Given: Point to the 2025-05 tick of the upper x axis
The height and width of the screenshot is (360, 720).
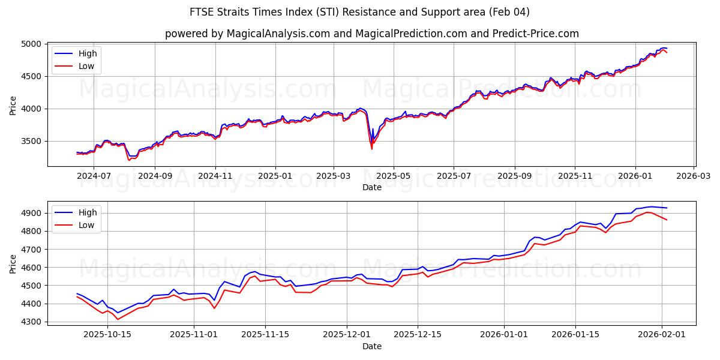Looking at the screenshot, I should (x=394, y=176).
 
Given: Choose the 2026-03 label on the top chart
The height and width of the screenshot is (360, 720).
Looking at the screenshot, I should (x=694, y=176).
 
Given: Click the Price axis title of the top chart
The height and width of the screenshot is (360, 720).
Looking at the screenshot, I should (x=13, y=105).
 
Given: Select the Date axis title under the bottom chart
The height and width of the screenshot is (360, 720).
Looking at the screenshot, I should (x=372, y=346).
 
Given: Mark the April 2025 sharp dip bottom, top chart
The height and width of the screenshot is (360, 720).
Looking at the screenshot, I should (x=371, y=149).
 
